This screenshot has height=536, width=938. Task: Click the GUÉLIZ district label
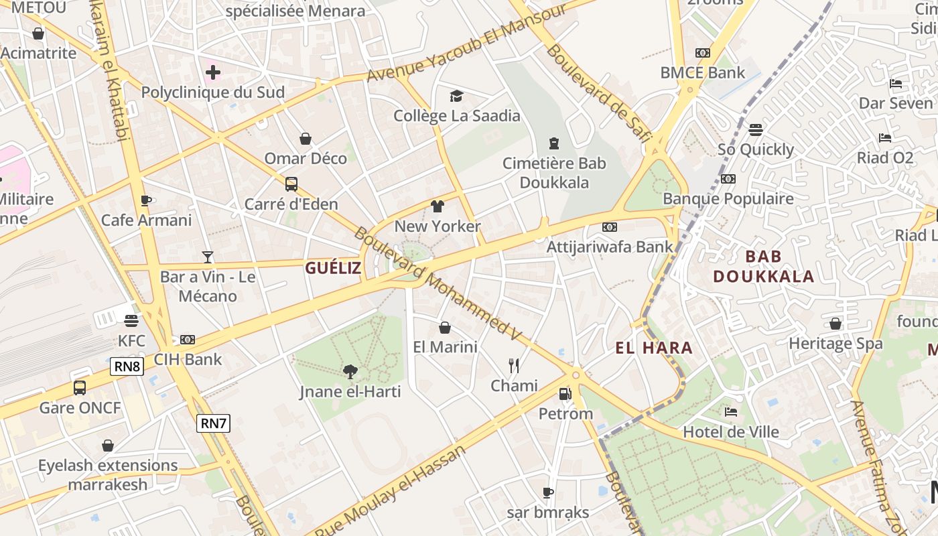click(x=333, y=269)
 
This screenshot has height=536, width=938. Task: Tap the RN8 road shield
click(x=127, y=366)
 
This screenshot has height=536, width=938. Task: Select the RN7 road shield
click(x=214, y=423)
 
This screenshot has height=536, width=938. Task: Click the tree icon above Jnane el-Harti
click(x=350, y=371)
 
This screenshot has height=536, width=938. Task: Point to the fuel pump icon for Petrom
click(x=565, y=394)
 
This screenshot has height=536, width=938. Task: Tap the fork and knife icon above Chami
click(x=514, y=365)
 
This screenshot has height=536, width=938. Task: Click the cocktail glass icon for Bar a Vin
click(x=208, y=257)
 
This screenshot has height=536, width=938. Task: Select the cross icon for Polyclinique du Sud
click(x=213, y=72)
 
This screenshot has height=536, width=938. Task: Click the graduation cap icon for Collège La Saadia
click(x=456, y=96)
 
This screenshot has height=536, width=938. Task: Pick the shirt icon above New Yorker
click(x=438, y=206)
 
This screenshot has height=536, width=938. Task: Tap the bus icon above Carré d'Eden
click(x=291, y=184)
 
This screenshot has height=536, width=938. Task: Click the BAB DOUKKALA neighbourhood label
click(x=764, y=266)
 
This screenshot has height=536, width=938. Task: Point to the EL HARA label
click(x=654, y=348)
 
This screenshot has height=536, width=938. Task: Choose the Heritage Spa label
click(x=835, y=344)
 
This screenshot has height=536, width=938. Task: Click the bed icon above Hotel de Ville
click(x=731, y=412)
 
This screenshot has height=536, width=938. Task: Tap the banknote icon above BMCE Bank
click(x=702, y=53)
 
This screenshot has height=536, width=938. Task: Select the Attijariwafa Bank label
click(x=610, y=247)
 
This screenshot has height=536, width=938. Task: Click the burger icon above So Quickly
click(x=756, y=129)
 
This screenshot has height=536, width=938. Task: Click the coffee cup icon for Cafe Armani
click(x=146, y=200)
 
